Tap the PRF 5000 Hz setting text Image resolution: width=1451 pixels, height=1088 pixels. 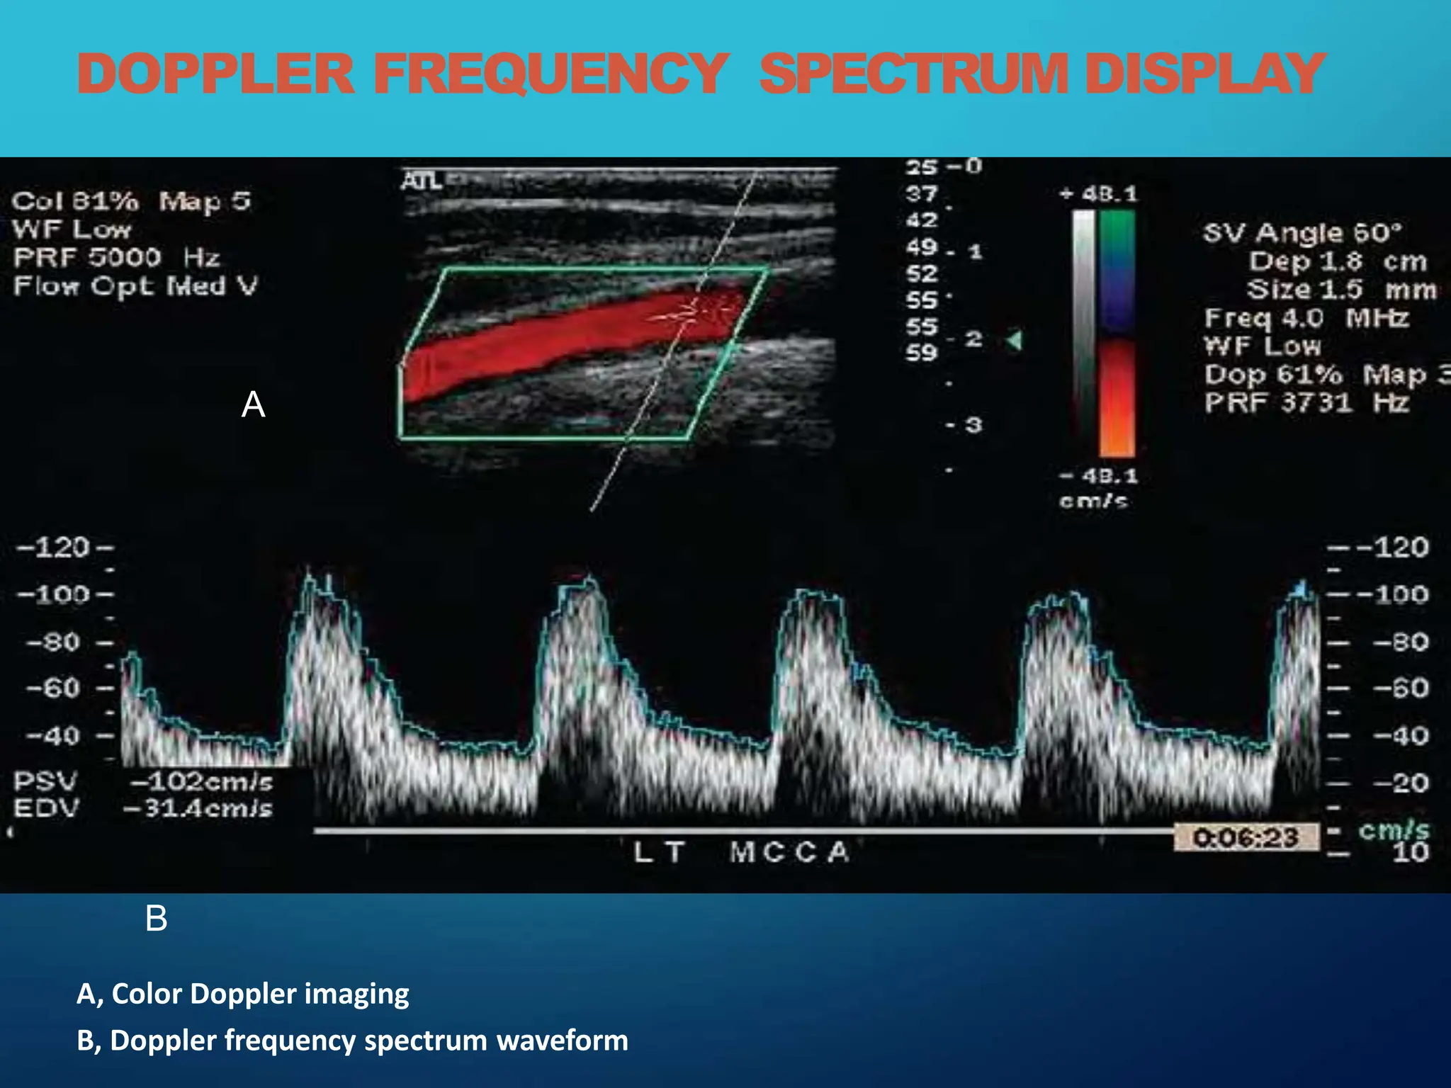pos(117,258)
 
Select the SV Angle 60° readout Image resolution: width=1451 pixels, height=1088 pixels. pos(1302,233)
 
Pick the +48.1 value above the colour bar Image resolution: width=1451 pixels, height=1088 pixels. pos(1098,194)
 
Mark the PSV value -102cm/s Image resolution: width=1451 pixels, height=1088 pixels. pos(201,782)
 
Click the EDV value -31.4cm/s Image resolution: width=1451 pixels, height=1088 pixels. pos(198,808)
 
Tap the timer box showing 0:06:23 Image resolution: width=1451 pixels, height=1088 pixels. pos(1246,838)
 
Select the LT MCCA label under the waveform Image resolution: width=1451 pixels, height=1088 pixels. pos(741,852)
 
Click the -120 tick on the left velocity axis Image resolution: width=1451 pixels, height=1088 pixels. pos(55,548)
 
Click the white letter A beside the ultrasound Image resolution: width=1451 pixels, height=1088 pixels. pos(253,405)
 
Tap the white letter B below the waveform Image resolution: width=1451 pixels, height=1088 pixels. pos(156,919)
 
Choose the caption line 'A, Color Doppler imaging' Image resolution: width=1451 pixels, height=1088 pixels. pos(243,994)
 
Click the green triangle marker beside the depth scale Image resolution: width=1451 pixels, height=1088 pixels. pos(1015,341)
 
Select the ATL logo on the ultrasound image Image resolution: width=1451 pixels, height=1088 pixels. pos(421,181)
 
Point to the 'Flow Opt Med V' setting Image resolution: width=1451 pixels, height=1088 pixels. pos(135,286)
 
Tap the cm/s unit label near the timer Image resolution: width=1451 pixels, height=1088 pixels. pos(1394,830)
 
